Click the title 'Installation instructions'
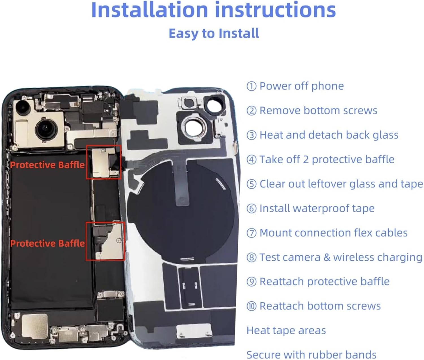tap(213, 10)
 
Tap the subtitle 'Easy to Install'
tap(214, 33)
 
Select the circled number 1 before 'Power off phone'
tap(251, 86)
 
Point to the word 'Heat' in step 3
tap(271, 135)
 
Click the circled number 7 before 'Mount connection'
tap(251, 233)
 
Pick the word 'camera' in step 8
tap(304, 257)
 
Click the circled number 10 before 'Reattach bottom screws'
tap(251, 306)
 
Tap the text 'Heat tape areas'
tap(286, 330)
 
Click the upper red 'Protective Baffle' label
tap(47, 165)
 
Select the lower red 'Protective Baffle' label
tap(47, 243)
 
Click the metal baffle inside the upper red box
tap(101, 163)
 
